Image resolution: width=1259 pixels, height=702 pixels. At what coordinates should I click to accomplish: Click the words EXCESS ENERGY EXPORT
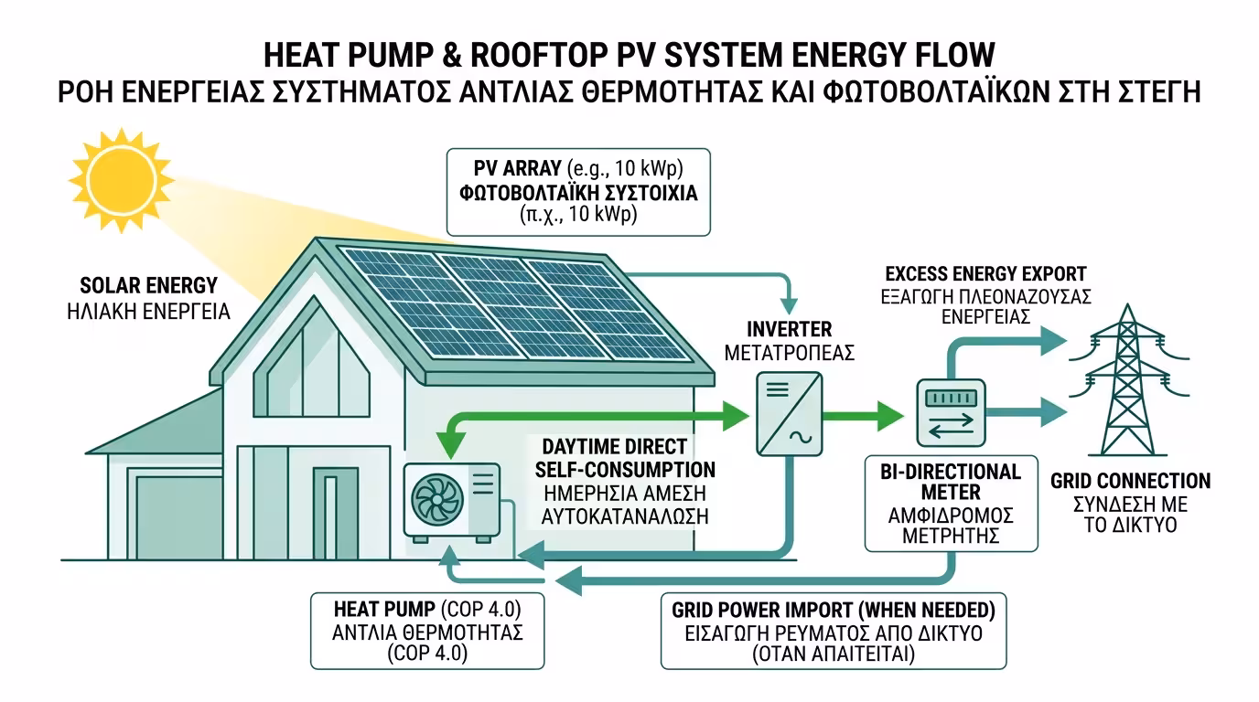pyautogui.click(x=985, y=274)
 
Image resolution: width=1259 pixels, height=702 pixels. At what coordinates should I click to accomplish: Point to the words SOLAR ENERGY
pyautogui.click(x=149, y=284)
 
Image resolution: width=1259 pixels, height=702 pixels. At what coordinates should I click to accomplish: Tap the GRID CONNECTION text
pyautogui.click(x=1130, y=482)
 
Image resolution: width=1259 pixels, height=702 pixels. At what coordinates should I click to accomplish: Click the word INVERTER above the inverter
pyautogui.click(x=789, y=329)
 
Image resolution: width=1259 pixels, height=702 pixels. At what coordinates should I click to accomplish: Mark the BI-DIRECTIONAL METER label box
pyautogui.click(x=951, y=504)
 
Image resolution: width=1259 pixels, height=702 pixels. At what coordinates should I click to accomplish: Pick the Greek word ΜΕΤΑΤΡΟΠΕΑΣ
pyautogui.click(x=789, y=352)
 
